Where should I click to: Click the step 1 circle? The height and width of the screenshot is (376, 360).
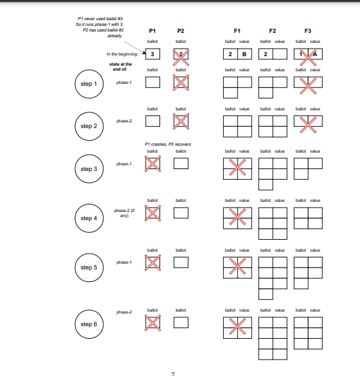coord(88,85)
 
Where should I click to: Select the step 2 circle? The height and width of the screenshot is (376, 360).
coord(88,126)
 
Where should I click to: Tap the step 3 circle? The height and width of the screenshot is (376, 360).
coord(88,168)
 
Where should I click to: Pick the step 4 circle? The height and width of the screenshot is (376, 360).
coord(88,218)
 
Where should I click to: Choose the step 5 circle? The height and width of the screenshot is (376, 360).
coord(88,267)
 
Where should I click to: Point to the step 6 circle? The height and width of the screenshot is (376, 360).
coord(88,324)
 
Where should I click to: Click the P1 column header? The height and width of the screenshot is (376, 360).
coord(153,31)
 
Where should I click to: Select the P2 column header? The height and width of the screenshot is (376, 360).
coord(181,31)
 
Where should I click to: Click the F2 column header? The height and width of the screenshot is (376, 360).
coord(272,31)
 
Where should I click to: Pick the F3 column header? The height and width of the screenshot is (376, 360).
coord(308,31)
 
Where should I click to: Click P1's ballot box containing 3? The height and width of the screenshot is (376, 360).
coord(153,54)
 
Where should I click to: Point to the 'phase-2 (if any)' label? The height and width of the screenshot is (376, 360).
coord(124,213)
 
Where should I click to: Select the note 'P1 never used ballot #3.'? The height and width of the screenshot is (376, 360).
coord(96,19)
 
